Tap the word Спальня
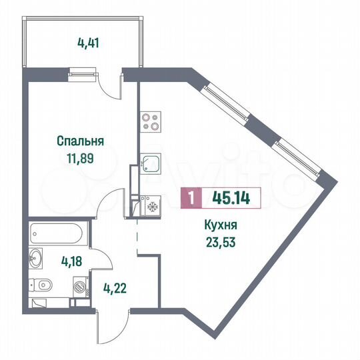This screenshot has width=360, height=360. coord(81,141)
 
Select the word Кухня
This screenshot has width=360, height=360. coord(220,226)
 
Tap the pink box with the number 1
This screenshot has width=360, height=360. coord(192,198)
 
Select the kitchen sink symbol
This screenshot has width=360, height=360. coord(151,164)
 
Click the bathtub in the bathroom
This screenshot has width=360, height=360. coord(57,235)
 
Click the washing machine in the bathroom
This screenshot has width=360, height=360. coord(79,288)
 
